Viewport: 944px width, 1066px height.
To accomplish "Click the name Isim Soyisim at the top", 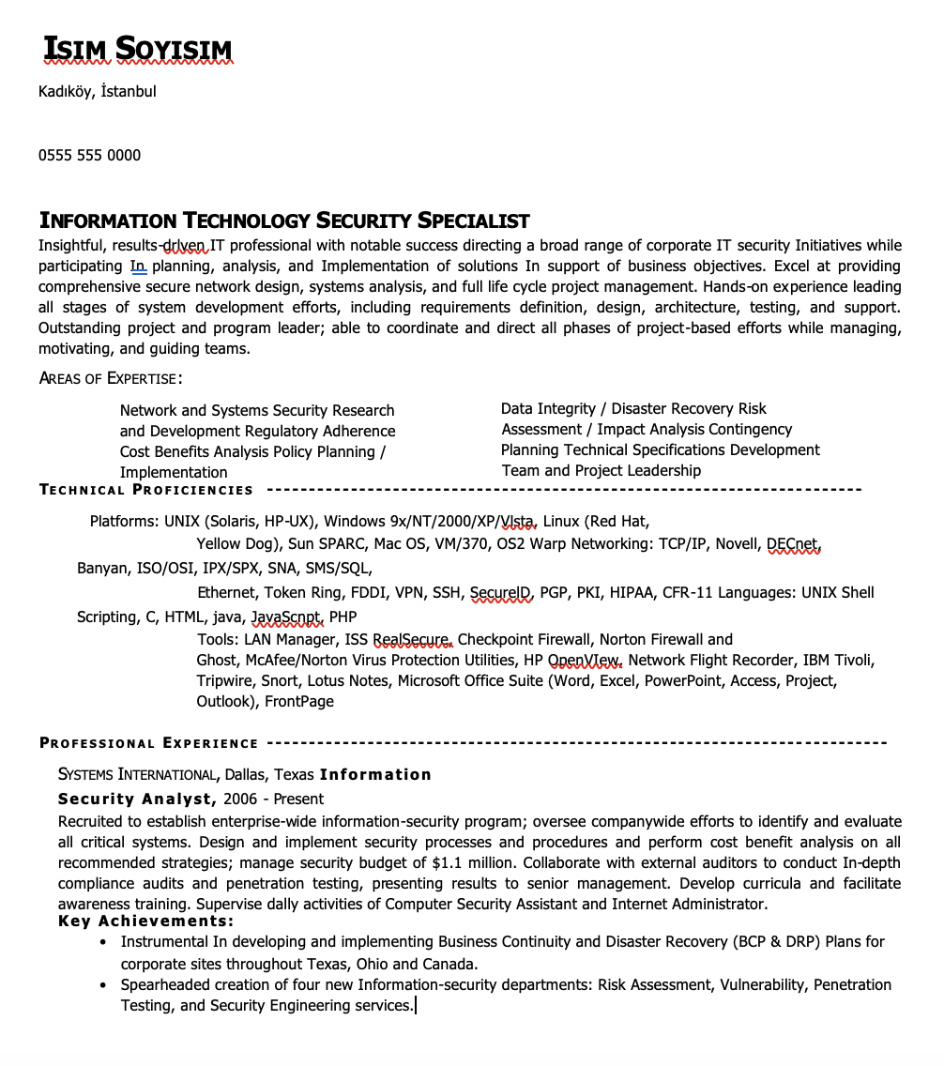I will pos(137,50).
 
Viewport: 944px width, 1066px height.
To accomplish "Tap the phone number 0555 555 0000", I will pos(89,156).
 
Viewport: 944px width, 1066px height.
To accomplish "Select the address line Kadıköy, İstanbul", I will pos(97,92).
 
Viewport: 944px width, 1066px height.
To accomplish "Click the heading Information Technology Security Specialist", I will pos(284,221).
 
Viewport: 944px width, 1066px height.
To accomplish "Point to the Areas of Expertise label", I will pos(110,378).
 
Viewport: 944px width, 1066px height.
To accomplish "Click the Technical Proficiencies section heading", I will pos(146,490).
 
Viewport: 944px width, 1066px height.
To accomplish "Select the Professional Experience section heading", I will pos(149,743).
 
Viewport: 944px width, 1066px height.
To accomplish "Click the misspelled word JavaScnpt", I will pos(286,617).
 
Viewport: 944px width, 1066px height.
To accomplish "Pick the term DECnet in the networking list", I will pos(793,544).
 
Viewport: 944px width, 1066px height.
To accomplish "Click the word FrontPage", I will pos(299,702).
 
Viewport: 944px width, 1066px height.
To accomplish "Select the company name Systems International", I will pos(137,775).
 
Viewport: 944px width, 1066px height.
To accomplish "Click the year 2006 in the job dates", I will pos(240,799).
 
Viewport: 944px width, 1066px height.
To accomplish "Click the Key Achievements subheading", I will pos(145,921).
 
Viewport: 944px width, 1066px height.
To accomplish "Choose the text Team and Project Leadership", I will pos(601,471).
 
